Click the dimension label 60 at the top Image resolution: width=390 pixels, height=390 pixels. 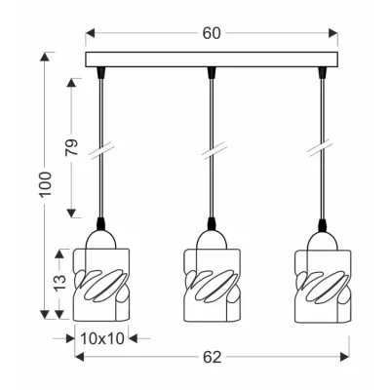click(212, 33)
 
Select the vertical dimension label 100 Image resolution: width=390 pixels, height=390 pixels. click(46, 184)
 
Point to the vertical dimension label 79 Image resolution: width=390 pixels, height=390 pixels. click(72, 147)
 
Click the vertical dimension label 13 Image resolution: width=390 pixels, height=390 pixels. click(59, 283)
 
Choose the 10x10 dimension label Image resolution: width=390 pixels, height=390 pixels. click(102, 339)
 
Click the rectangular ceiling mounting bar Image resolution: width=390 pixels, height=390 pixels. click(212, 59)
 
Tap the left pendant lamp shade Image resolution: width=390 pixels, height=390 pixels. click(101, 285)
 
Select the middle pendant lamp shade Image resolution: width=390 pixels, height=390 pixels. click(212, 285)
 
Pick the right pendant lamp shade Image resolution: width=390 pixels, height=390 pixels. click(323, 285)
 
